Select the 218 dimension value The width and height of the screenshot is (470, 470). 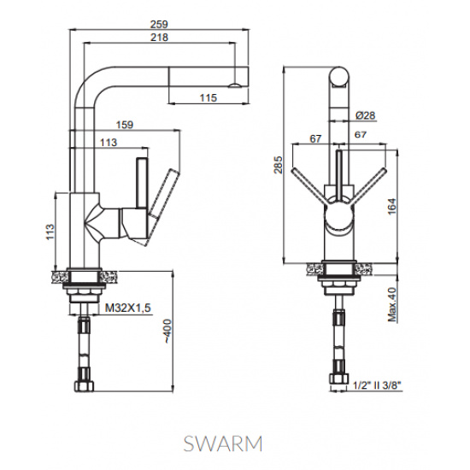158,38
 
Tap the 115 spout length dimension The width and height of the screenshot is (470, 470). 208,99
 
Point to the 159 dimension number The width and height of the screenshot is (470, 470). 123,126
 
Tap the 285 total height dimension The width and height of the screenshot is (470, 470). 278,162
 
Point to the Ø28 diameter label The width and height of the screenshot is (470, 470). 361,115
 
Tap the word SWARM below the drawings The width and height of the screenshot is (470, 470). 222,444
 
